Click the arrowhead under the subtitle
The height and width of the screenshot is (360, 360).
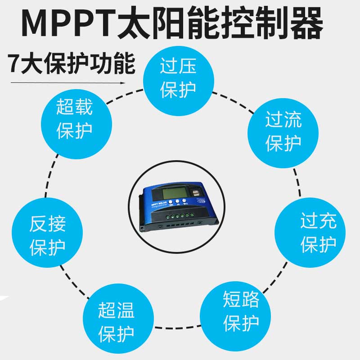122,83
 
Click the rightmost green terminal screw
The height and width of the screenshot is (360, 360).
192,215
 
